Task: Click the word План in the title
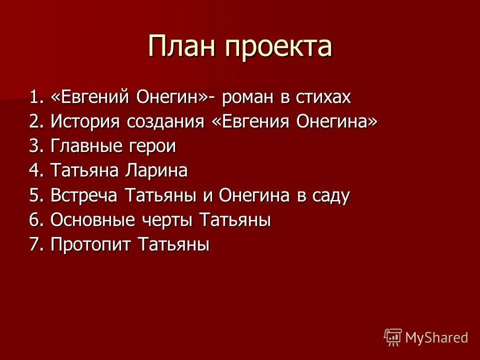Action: [181, 46]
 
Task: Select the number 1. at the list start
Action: [36, 97]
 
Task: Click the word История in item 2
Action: [81, 122]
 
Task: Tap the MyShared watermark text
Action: [436, 337]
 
